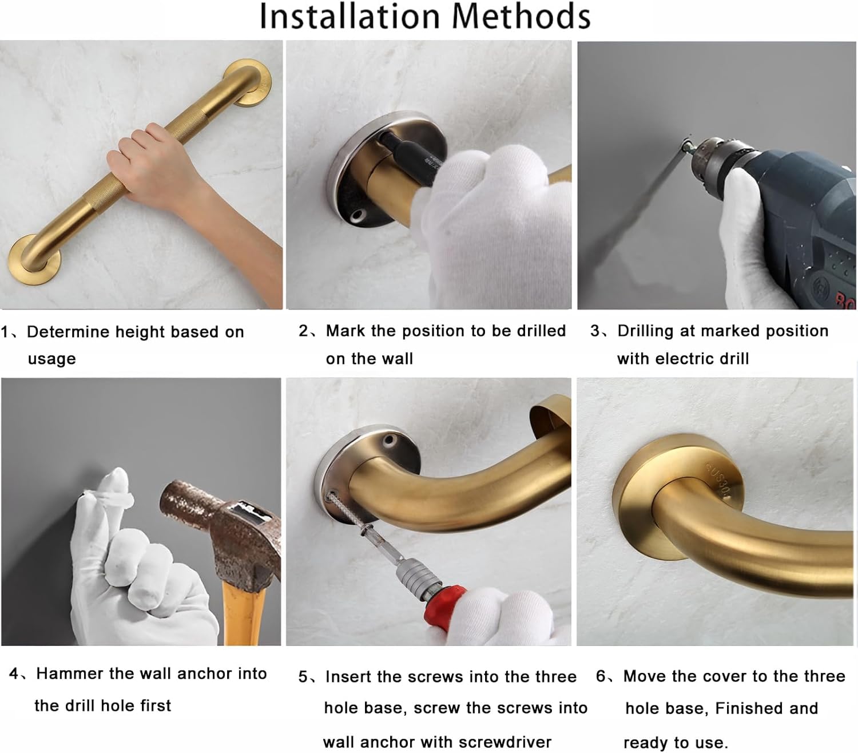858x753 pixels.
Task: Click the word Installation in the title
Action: pyautogui.click(x=350, y=17)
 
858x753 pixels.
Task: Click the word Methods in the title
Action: pyautogui.click(x=521, y=17)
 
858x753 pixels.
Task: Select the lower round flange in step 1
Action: pyautogui.click(x=34, y=259)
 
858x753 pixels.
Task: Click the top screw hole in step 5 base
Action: pyautogui.click(x=388, y=441)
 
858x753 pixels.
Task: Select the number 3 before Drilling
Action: pyautogui.click(x=595, y=331)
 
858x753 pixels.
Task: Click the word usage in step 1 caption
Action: pyautogui.click(x=51, y=359)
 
